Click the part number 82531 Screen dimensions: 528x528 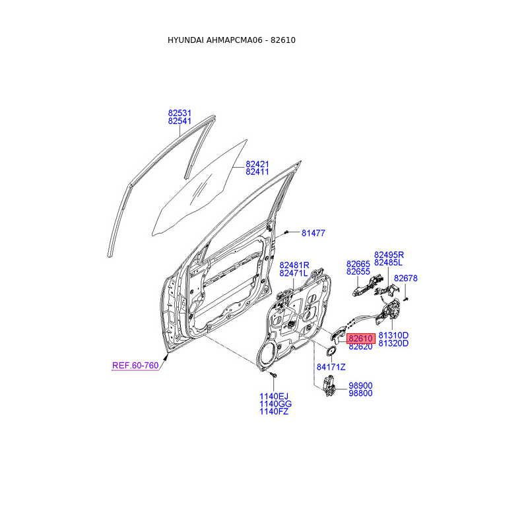click(x=180, y=114)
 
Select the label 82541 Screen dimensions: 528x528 click(x=180, y=122)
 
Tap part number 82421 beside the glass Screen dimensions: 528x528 click(x=257, y=164)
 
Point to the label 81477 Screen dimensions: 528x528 click(x=313, y=233)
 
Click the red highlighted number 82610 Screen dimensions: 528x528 click(x=361, y=338)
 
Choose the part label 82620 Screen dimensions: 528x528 click(x=361, y=346)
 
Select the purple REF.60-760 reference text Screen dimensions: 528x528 click(x=135, y=365)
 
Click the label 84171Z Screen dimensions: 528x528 click(x=331, y=367)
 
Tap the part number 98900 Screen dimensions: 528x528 click(x=360, y=385)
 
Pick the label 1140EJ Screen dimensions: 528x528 click(x=273, y=396)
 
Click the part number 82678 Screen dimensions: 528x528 click(x=406, y=279)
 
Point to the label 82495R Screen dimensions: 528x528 click(x=389, y=255)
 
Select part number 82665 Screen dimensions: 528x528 click(x=358, y=263)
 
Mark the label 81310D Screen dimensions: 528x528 click(x=393, y=335)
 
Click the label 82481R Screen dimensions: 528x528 click(x=294, y=265)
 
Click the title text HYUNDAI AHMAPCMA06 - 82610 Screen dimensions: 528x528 click(x=232, y=40)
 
